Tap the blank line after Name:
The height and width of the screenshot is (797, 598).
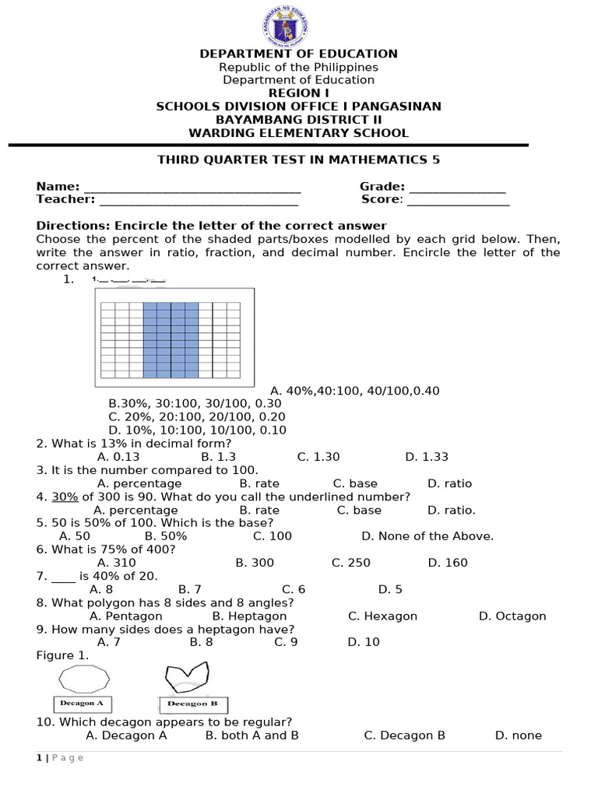tap(192, 189)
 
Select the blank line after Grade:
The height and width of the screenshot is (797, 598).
tap(457, 189)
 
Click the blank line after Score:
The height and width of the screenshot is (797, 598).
tap(458, 202)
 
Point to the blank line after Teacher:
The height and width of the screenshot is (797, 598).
tap(198, 202)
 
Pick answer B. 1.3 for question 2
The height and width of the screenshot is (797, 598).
tap(218, 457)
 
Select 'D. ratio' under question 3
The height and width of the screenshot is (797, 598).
tap(450, 483)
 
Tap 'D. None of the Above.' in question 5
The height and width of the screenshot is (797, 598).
tap(427, 535)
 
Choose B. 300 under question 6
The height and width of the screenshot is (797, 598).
tap(255, 562)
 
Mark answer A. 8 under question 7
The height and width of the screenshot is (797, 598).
tap(102, 589)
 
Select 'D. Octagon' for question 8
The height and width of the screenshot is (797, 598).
tap(512, 616)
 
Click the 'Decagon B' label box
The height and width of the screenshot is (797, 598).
tap(193, 704)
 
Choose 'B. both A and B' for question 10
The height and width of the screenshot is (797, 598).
tap(252, 735)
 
